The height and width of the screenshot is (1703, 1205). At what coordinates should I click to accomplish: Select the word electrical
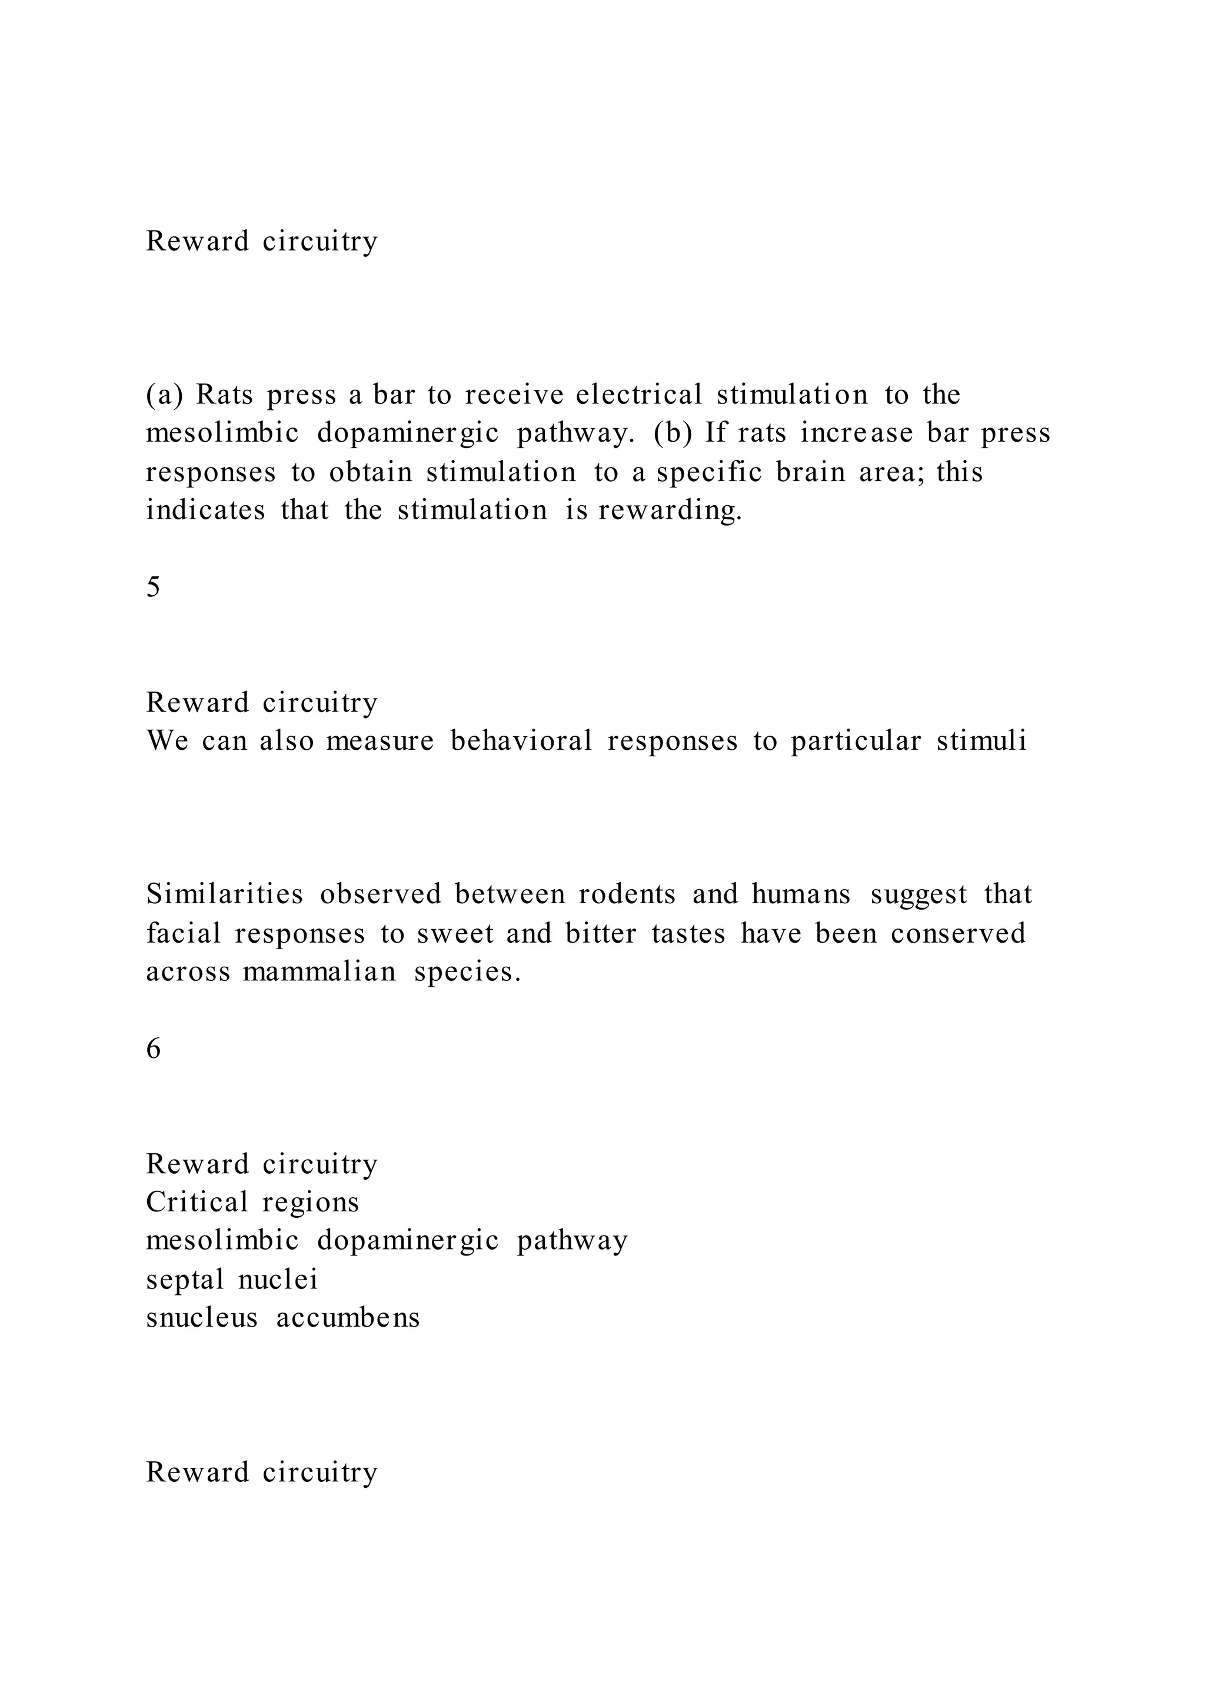click(x=639, y=395)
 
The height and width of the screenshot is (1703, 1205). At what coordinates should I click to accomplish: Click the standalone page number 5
click(x=154, y=588)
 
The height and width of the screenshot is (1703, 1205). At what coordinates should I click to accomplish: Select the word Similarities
click(x=225, y=895)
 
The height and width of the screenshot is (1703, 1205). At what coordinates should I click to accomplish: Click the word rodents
click(x=627, y=895)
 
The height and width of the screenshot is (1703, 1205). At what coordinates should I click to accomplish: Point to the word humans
click(x=801, y=895)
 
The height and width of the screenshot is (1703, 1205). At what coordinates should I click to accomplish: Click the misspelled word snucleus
click(x=202, y=1318)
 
